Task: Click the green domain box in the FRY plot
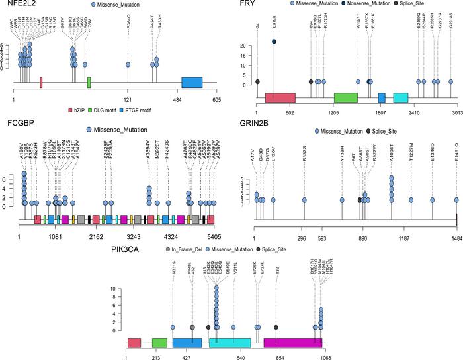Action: (345, 97)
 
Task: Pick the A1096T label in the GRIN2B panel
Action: (392, 154)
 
